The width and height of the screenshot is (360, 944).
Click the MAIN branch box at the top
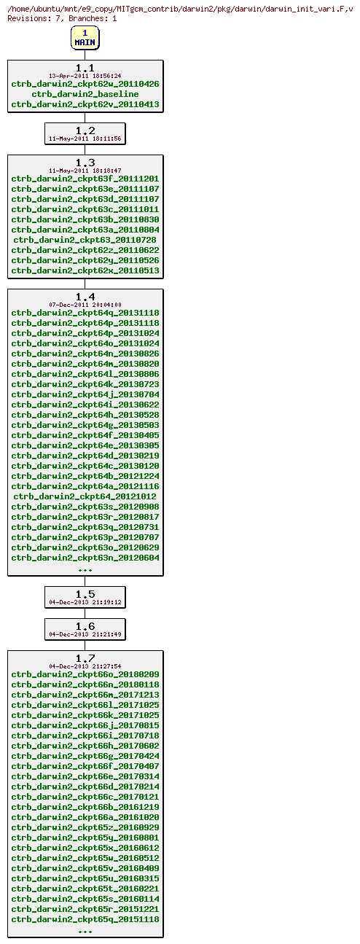tap(85, 38)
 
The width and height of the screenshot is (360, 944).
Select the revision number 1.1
tap(85, 68)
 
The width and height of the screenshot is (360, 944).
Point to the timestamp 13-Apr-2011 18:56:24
tap(85, 76)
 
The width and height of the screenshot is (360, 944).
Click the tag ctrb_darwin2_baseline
tap(85, 94)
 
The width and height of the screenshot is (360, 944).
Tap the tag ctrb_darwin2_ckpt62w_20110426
tap(85, 84)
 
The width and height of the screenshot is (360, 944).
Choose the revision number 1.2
tap(85, 130)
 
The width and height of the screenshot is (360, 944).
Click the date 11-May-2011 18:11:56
tap(85, 139)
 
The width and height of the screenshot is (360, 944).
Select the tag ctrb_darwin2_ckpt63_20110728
tap(85, 240)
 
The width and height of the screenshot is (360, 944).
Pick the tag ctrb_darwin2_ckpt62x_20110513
tap(85, 270)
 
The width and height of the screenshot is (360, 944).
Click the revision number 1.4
tap(85, 297)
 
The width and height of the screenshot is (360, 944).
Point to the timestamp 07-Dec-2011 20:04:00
tap(85, 305)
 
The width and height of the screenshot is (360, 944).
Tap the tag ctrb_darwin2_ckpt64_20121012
tap(85, 496)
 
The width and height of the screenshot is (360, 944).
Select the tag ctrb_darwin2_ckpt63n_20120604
tap(85, 558)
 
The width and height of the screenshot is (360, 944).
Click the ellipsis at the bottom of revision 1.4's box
tap(85, 569)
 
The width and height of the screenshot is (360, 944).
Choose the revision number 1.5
tap(85, 594)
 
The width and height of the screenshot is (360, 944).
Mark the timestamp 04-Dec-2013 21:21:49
tap(85, 634)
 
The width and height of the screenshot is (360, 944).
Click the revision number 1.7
tap(85, 658)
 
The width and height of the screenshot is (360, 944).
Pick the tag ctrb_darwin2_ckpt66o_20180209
tap(85, 674)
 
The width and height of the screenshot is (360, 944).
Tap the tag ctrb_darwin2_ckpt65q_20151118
tap(85, 919)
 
